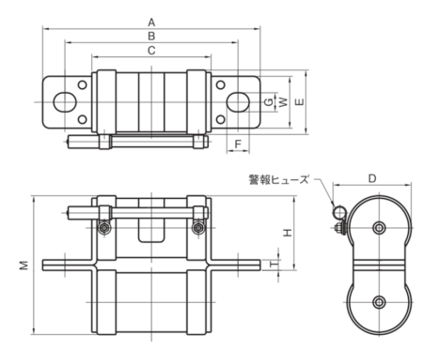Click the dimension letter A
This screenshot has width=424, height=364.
coord(151,20)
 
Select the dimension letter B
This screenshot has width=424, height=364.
coord(151,35)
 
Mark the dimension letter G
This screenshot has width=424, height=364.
coord(268,99)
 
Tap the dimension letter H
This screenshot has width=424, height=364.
coord(289,232)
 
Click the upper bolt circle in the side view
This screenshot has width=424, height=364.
coord(378,228)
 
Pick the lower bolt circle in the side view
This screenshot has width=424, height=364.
coord(378,301)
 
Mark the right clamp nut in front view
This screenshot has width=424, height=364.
coord(197,228)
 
